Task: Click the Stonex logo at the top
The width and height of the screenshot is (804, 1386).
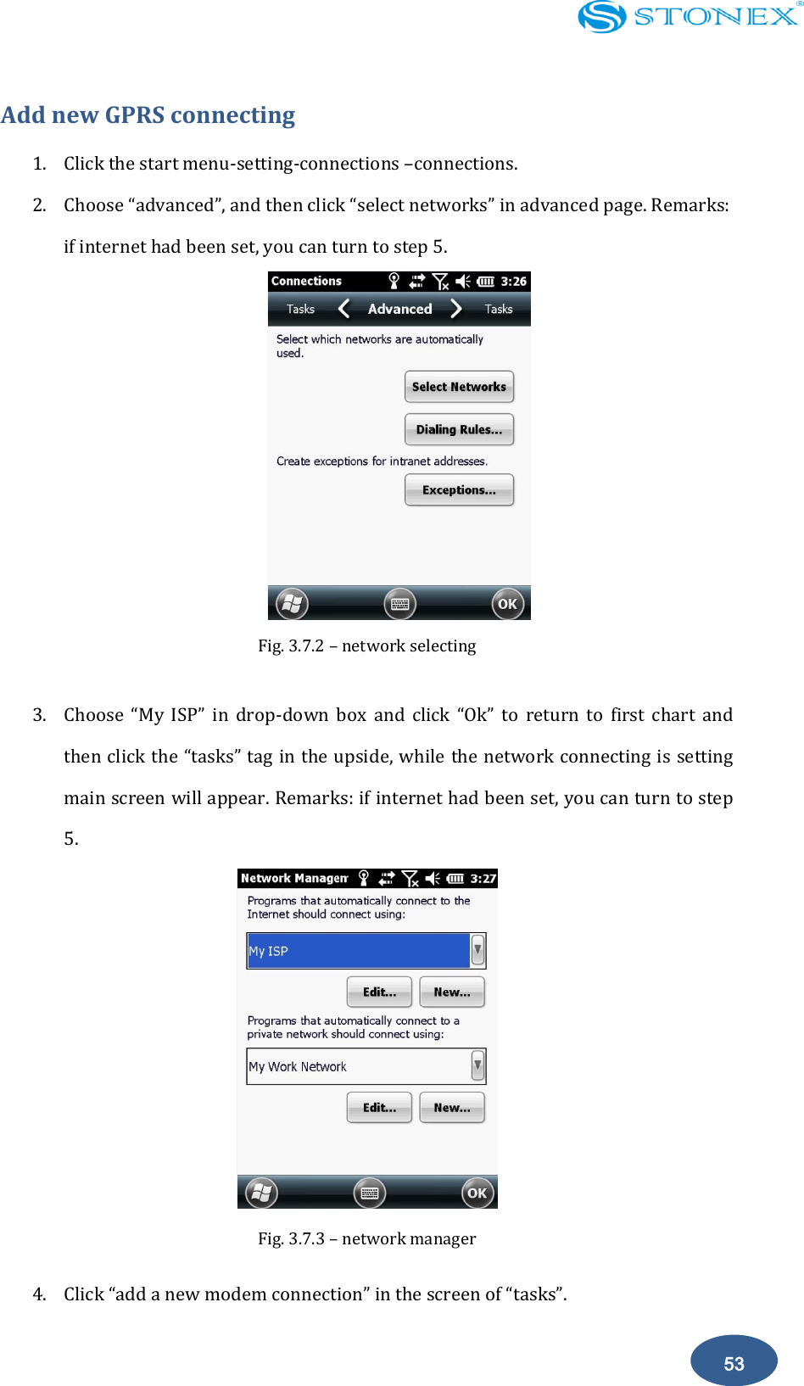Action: [x=688, y=16]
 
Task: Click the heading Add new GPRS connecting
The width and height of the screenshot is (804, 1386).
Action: [x=148, y=115]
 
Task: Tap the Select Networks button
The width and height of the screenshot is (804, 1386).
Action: [x=459, y=387]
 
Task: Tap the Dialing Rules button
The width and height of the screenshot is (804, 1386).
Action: [x=459, y=429]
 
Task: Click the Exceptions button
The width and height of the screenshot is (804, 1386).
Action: [x=459, y=490]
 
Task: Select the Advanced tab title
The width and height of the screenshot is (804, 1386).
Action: [x=399, y=309]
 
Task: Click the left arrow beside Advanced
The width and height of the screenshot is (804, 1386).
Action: [x=343, y=309]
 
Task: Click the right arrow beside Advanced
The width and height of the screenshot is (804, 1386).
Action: [x=456, y=309]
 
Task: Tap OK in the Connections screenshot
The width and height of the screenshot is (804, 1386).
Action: [x=507, y=604]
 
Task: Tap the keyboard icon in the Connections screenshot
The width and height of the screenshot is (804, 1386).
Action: [x=399, y=604]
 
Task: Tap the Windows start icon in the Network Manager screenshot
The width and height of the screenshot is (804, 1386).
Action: [x=261, y=1193]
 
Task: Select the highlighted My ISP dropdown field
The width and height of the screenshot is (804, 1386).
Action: [x=358, y=951]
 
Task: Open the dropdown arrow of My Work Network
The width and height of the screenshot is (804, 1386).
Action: [x=477, y=1066]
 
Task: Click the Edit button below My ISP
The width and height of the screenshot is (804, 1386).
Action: [x=379, y=992]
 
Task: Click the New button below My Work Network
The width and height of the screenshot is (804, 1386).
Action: [x=452, y=1108]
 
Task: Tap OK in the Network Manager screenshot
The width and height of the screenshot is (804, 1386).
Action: [x=477, y=1193]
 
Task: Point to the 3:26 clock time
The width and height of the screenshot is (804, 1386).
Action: [x=513, y=282]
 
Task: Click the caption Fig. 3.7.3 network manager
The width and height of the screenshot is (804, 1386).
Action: [x=366, y=1238]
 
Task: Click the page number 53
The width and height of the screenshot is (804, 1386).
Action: [x=734, y=1363]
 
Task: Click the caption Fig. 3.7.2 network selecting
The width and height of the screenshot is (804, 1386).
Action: [x=366, y=645]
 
